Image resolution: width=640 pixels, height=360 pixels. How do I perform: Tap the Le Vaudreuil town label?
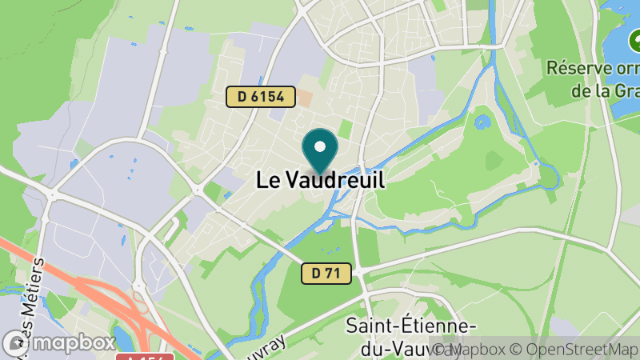coord(320,180)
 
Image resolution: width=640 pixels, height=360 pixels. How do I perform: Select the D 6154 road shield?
coord(256,97)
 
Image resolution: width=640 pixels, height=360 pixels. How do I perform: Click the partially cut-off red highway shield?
coord(145,356)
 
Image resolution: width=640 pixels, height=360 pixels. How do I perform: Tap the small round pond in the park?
coord(482,123)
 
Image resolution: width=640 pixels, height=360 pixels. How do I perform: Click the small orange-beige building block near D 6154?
coord(305,98)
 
